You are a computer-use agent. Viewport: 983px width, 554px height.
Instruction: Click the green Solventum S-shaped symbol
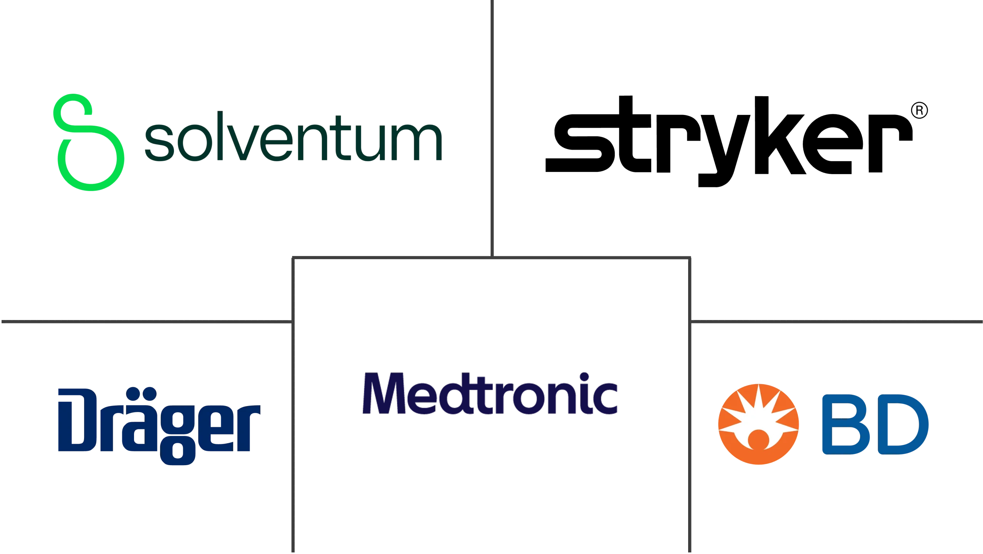coord(89,142)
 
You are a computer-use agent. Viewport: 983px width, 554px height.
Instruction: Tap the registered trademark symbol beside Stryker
coord(919,110)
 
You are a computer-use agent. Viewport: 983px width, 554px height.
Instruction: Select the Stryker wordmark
coord(729,141)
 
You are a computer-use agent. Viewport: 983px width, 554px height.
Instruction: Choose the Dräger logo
coord(159,426)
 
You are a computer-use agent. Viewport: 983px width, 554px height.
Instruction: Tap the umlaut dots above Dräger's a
coord(141,394)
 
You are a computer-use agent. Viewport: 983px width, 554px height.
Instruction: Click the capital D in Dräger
coord(77,420)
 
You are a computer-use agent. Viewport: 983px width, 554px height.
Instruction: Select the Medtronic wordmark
coord(490,393)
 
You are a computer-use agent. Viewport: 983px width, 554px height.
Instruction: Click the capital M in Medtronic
coord(384,393)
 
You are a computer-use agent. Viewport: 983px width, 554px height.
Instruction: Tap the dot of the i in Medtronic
coord(584,377)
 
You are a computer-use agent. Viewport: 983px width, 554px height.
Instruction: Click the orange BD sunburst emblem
coord(758,424)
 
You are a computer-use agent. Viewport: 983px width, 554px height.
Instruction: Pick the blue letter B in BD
coord(846,424)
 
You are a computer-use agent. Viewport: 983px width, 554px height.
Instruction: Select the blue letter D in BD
coord(904,424)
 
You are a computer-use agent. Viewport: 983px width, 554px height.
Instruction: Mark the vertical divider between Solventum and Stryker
coord(492,128)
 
